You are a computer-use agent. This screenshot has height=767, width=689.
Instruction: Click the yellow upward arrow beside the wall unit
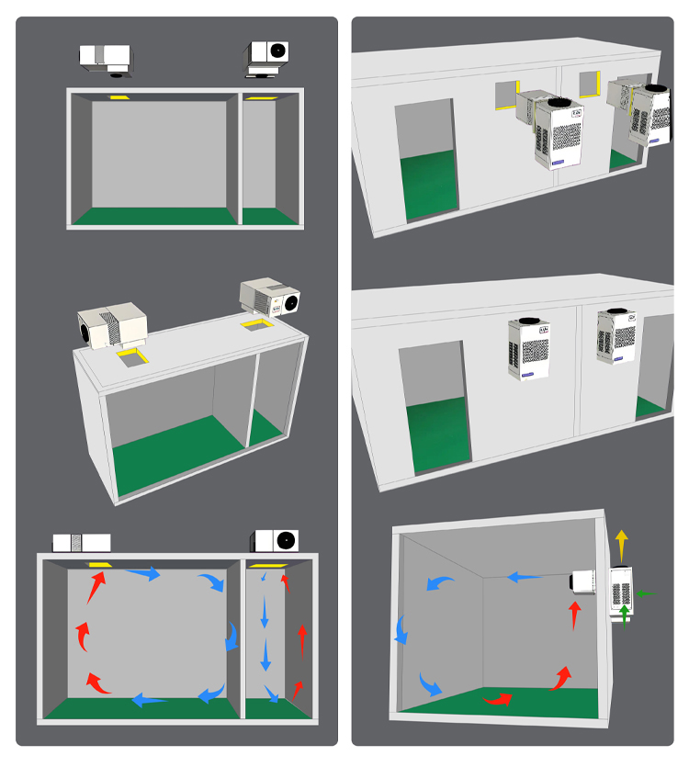622,544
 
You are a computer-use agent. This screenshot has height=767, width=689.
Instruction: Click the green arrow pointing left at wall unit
647,594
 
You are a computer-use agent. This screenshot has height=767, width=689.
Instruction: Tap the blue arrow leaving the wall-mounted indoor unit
525,578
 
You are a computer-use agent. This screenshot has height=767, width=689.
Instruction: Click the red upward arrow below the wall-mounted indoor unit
575,615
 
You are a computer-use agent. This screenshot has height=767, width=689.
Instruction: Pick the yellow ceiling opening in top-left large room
120,96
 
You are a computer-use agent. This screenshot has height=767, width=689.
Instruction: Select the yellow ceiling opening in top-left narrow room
261,96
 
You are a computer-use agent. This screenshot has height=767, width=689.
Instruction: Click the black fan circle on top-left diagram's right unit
276,51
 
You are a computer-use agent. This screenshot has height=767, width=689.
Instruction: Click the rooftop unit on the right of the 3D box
270,299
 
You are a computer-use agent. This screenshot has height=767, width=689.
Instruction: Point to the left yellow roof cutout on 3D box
132,355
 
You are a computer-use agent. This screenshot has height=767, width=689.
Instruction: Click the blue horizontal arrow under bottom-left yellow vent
142,574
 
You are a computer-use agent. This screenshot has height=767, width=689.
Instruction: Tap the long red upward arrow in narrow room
301,638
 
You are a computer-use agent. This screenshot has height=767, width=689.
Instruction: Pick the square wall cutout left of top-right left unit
507,95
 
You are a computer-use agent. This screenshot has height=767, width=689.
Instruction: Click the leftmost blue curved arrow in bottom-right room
403,629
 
